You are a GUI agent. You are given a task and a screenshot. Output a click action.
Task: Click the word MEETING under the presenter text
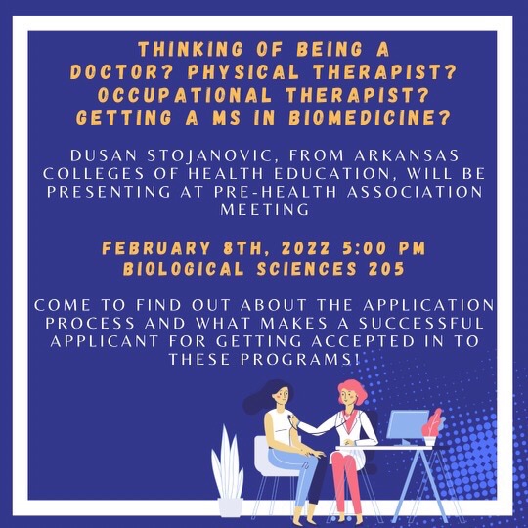(x=263, y=210)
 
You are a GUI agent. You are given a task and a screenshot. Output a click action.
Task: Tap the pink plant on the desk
(x=434, y=426)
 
